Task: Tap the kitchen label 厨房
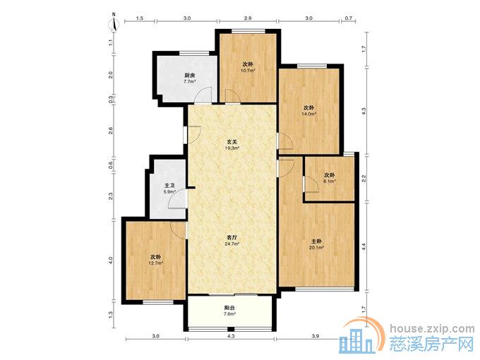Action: click(189, 76)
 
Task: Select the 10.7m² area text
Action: click(248, 71)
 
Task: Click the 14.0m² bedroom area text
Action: click(309, 114)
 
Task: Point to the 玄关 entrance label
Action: click(232, 142)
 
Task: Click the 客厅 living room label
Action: click(232, 238)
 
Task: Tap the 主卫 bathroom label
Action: click(169, 186)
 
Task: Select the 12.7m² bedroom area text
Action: click(155, 263)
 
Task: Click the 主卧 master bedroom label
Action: click(317, 241)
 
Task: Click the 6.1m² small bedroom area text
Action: click(330, 181)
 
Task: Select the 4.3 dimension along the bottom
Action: click(231, 336)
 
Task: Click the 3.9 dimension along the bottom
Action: click(316, 336)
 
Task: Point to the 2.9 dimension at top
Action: click(248, 18)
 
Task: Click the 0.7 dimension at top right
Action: click(349, 18)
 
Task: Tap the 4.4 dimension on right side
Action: click(364, 247)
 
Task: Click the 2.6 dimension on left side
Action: click(111, 131)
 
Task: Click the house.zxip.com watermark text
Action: click(432, 329)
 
